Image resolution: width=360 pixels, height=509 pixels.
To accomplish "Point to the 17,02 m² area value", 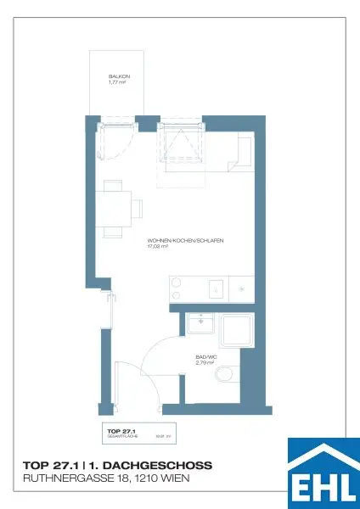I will (x=159, y=247).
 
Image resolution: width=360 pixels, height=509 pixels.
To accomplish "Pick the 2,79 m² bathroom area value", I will (x=205, y=363).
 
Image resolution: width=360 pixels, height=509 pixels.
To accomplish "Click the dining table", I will (x=114, y=208).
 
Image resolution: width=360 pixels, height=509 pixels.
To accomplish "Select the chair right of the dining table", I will (x=136, y=207).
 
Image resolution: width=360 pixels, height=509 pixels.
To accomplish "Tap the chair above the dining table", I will (x=112, y=186).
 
